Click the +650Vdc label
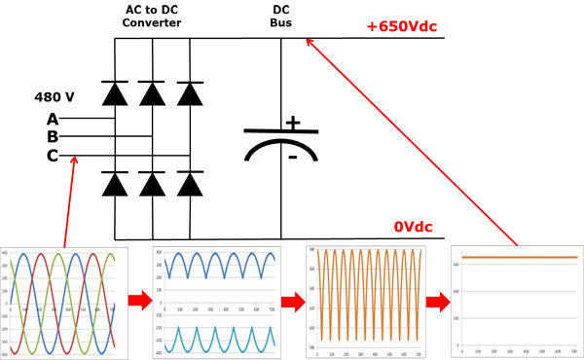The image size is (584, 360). pos(405,26)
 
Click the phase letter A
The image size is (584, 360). pos(52,119)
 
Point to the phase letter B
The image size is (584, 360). pos(52,137)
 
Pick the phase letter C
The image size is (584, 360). pos(52,156)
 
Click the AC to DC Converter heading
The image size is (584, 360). pos(154,16)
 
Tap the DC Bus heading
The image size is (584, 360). pos(281,16)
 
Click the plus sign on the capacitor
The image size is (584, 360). pos(292,124)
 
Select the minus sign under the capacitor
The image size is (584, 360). pos(291,157)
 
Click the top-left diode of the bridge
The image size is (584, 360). pos(116,93)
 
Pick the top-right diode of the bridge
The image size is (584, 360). pos(189,93)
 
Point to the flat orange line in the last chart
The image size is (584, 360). pos(518,258)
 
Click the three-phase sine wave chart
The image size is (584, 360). pos(63,303)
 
